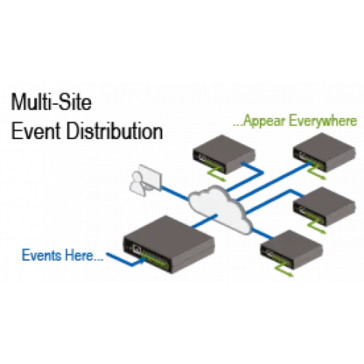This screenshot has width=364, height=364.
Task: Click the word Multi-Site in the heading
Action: (52, 102)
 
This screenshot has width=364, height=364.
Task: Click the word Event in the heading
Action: (36, 131)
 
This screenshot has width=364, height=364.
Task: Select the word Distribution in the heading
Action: (114, 131)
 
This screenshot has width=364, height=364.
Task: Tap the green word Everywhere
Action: (323, 121)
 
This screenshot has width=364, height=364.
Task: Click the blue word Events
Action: (41, 255)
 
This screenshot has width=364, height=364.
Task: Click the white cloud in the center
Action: (220, 209)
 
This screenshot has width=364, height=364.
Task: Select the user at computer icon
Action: (146, 180)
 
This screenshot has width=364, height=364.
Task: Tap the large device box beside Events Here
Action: (169, 244)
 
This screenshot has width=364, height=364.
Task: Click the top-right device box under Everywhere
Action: (324, 152)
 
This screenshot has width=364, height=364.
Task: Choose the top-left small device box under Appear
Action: (224, 154)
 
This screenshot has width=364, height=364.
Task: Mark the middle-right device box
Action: (324, 206)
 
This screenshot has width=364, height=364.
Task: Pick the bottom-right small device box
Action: (291, 250)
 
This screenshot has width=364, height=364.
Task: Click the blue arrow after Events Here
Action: (127, 261)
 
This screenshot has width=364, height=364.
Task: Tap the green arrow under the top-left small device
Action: (216, 174)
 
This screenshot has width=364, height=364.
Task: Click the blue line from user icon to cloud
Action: (175, 193)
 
